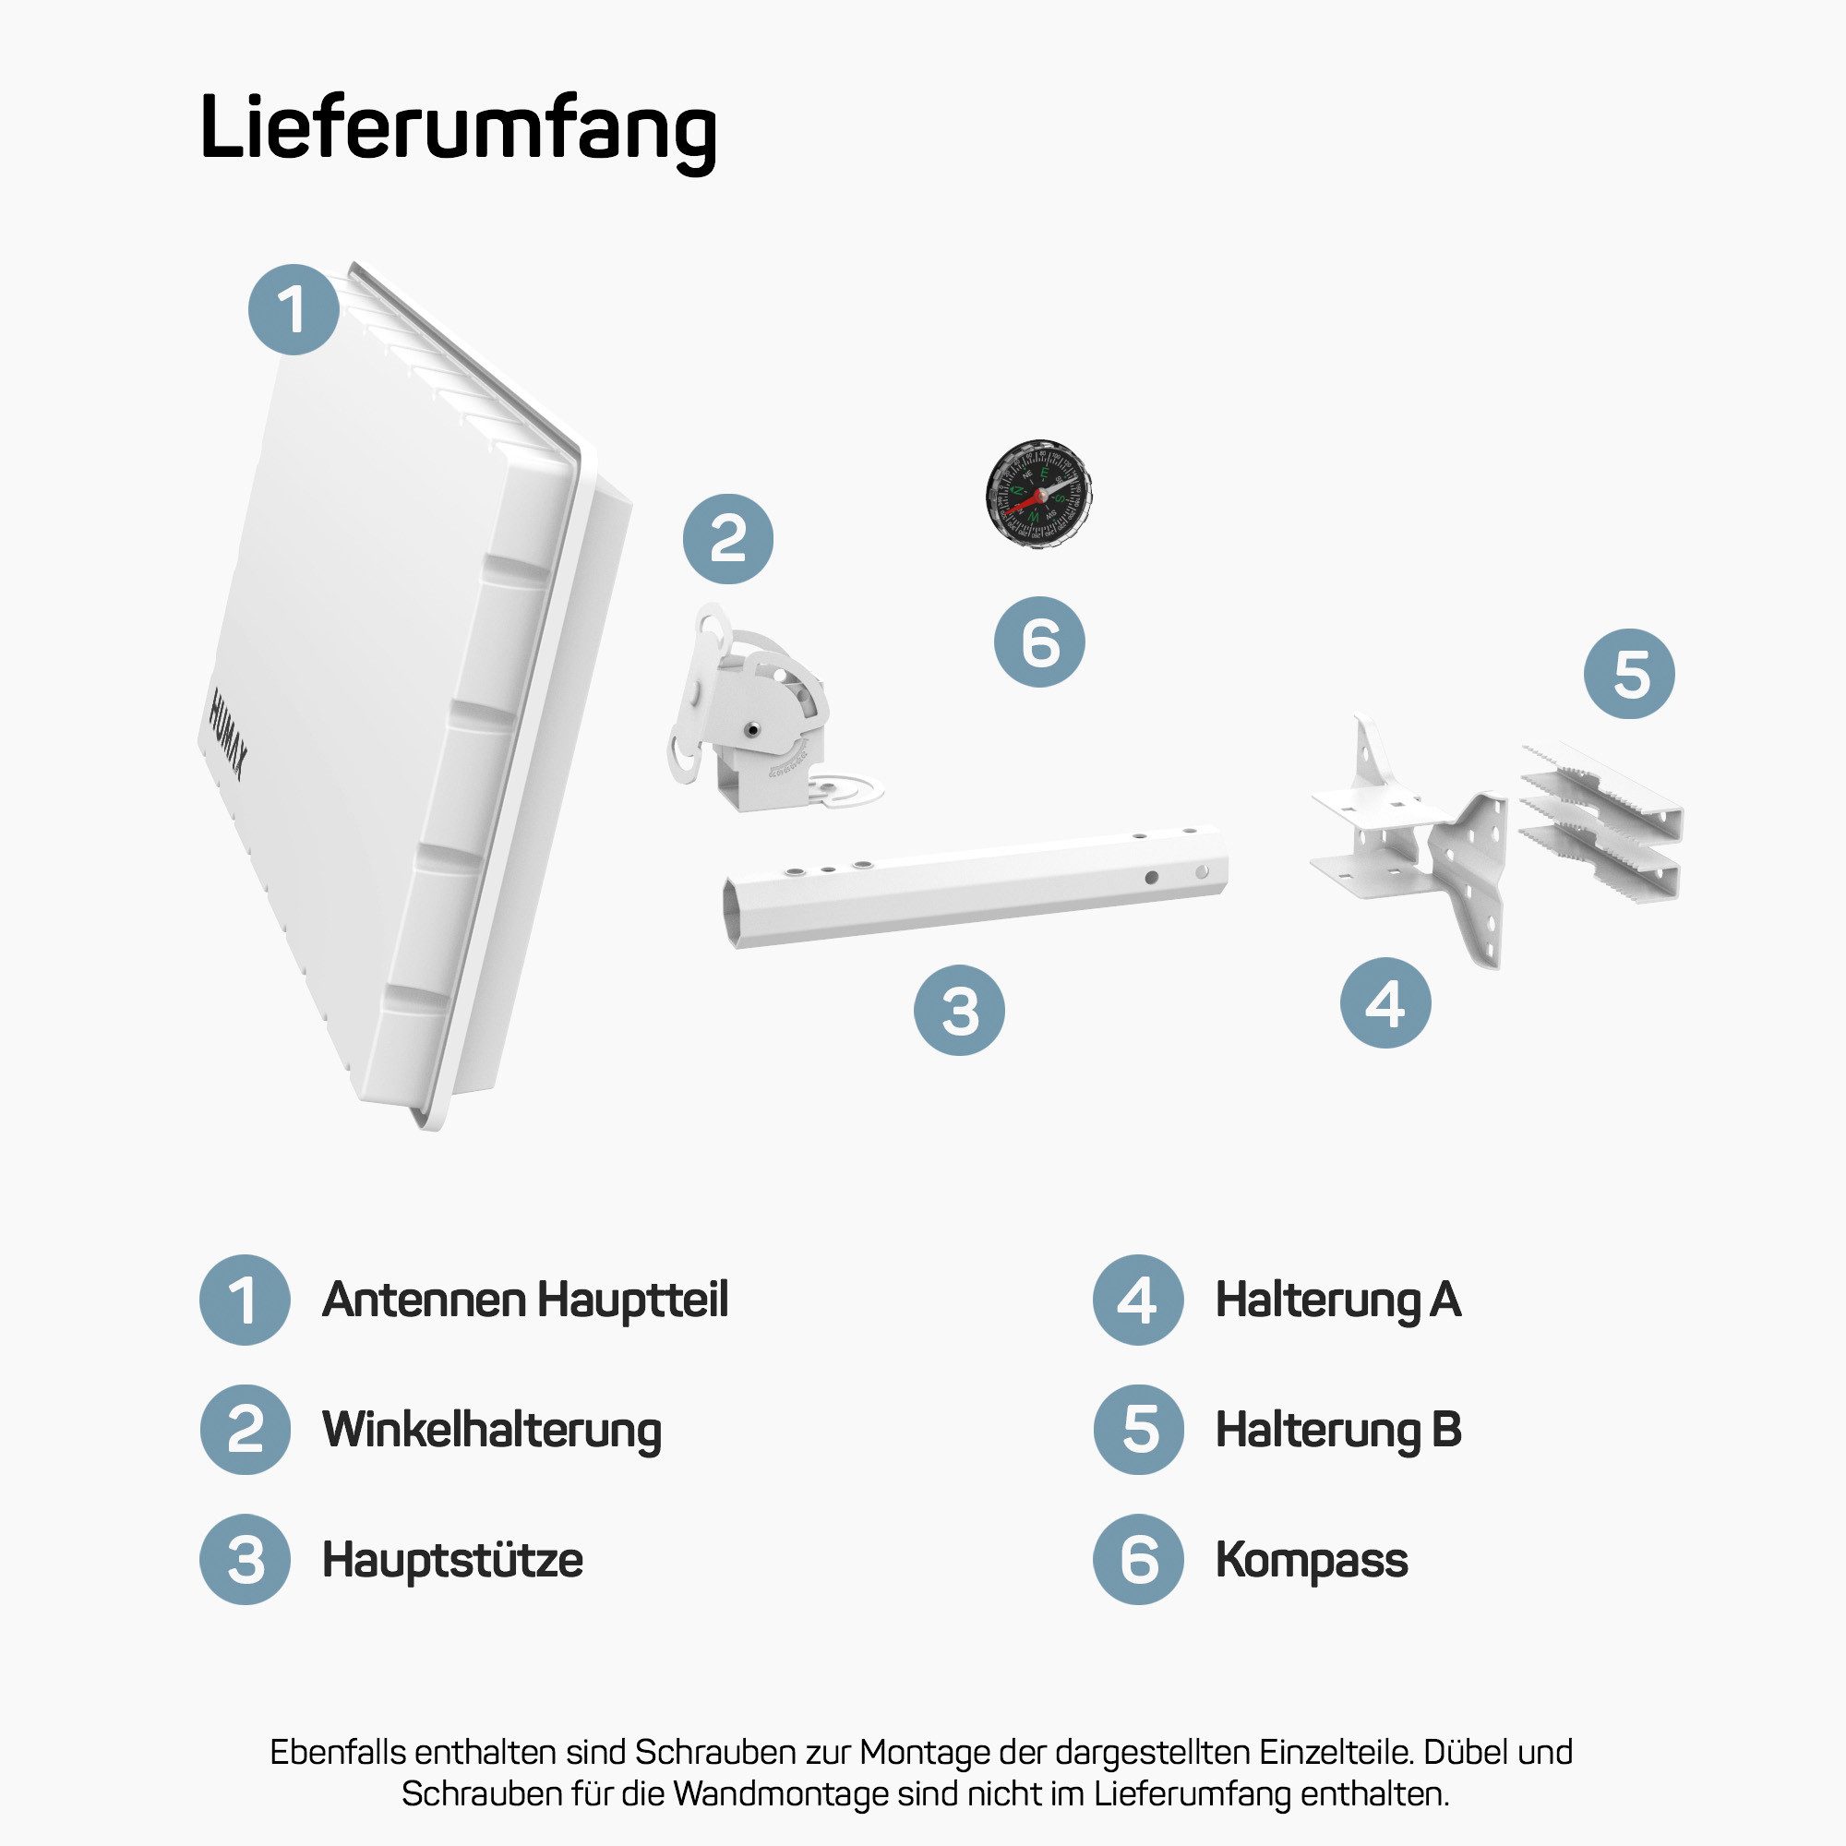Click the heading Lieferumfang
tap(458, 129)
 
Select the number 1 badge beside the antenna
tap(294, 309)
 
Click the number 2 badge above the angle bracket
tap(728, 539)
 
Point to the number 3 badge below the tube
tap(959, 1011)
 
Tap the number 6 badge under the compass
tap(1039, 641)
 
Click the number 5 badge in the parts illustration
tap(1629, 674)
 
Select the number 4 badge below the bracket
tap(1385, 1003)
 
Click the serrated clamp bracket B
tap(1600, 821)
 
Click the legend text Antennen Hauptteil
tap(524, 1301)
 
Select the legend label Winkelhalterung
tap(491, 1431)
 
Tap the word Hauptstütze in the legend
tap(452, 1560)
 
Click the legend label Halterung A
tap(1337, 1301)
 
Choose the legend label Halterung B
tap(1337, 1431)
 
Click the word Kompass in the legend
tap(1311, 1560)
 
